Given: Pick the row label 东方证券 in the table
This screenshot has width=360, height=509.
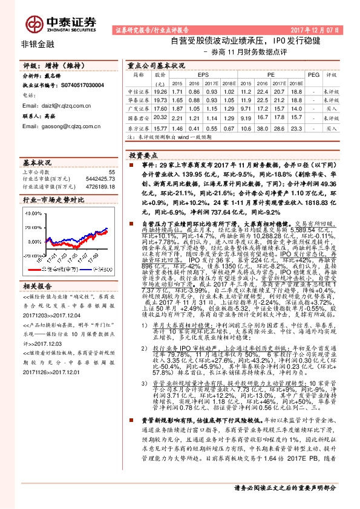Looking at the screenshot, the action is [x=139, y=129].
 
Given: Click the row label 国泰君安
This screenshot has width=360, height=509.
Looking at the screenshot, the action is [x=139, y=119].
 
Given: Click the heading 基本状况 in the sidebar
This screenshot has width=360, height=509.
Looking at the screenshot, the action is [x=36, y=163].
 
